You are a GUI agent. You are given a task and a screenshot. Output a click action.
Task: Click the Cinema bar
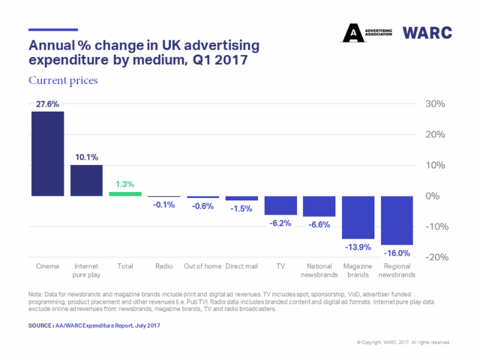tap(47, 154)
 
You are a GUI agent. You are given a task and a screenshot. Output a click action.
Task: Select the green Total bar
tap(125, 194)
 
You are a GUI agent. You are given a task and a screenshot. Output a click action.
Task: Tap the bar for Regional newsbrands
tap(397, 220)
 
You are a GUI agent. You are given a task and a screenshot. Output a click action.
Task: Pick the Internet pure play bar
tap(86, 180)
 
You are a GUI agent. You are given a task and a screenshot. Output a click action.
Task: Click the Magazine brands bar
tap(358, 217)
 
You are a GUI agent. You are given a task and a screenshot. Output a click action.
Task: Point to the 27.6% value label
tap(47, 104)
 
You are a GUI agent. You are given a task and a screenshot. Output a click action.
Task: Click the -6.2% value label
tap(280, 223)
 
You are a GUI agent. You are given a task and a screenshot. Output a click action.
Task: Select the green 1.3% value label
tap(125, 184)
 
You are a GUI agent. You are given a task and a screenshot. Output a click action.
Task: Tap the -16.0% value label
tap(397, 253)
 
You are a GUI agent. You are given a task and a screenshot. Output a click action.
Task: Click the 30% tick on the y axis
tap(434, 104)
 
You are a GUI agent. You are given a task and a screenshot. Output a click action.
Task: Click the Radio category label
tap(164, 266)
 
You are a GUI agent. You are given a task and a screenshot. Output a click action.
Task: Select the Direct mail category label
tap(242, 266)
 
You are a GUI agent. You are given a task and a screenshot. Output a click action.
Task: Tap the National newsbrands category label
tap(319, 270)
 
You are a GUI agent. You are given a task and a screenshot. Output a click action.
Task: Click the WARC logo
tap(427, 32)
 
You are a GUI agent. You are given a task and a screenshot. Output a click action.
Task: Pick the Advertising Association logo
tap(367, 32)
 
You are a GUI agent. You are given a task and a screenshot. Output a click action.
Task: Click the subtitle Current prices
tap(63, 80)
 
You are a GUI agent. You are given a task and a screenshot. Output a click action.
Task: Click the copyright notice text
tap(403, 343)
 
